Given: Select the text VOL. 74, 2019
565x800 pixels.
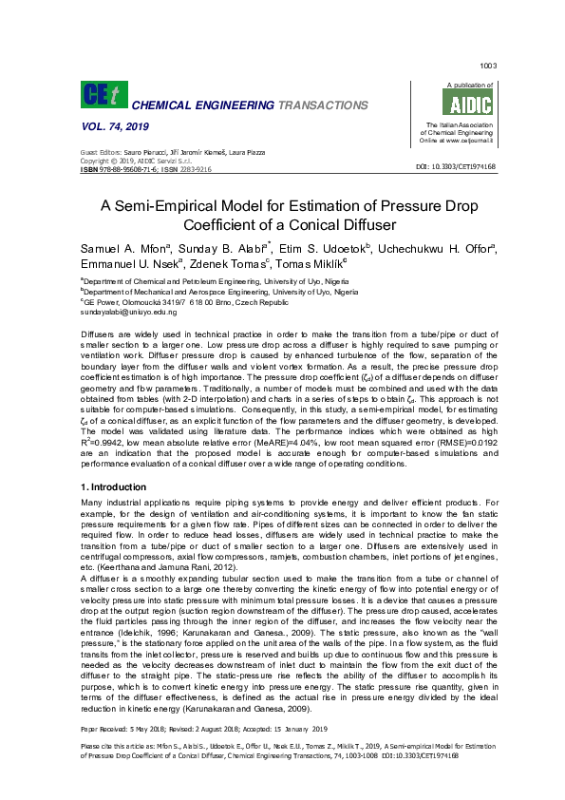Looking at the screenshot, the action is click(x=111, y=127).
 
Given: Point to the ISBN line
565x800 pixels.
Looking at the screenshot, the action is click(x=145, y=169).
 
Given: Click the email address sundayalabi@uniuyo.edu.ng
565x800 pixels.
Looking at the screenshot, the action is click(x=128, y=312).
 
